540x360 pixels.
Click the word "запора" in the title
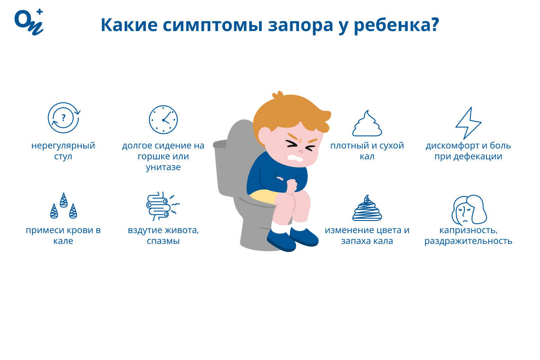click(x=297, y=26)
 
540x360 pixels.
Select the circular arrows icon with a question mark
click(x=63, y=118)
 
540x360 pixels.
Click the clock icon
click(x=163, y=120)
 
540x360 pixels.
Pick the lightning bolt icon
click(x=468, y=122)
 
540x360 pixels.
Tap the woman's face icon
click(x=468, y=210)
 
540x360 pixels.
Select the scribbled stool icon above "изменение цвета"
click(x=367, y=208)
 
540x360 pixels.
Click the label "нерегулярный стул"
click(x=63, y=151)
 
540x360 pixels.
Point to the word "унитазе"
click(x=163, y=167)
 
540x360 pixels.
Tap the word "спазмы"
click(x=163, y=241)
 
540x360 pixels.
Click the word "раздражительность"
click(x=468, y=241)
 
